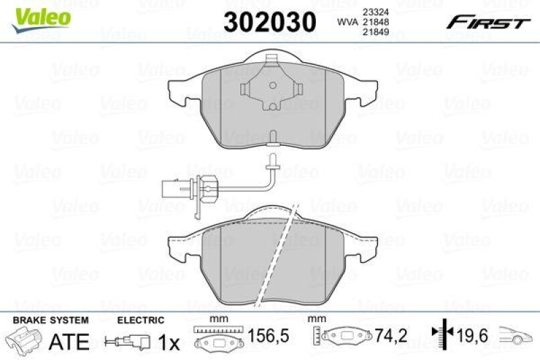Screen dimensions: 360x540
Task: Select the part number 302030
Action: [x=269, y=23]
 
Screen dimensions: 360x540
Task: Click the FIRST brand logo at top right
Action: [x=486, y=22]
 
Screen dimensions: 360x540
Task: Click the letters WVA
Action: [x=348, y=22]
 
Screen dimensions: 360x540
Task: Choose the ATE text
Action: [x=70, y=342]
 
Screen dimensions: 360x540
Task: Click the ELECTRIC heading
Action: [x=140, y=320]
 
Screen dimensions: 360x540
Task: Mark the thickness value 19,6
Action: [x=473, y=335]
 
